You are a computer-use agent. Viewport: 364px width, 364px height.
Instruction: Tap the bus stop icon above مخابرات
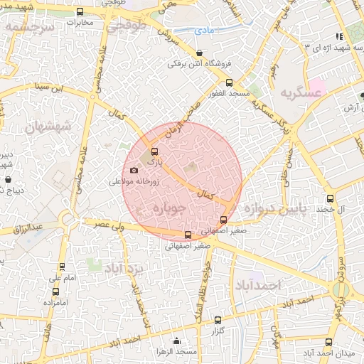click(x=79, y=12)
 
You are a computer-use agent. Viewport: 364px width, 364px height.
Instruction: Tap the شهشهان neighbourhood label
click(x=49, y=127)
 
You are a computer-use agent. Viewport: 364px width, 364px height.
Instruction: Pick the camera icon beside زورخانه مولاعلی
click(x=134, y=170)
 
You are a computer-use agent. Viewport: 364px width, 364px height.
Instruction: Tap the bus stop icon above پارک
click(x=154, y=150)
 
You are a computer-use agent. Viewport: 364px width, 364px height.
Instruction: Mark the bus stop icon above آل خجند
click(x=330, y=198)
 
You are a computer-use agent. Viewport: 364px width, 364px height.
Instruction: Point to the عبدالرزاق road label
click(x=29, y=227)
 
